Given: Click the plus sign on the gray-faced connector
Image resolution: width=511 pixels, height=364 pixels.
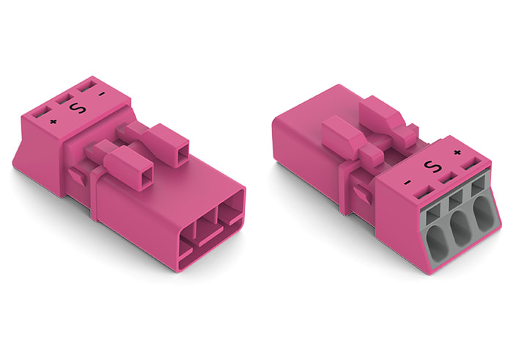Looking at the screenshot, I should (x=457, y=153).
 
